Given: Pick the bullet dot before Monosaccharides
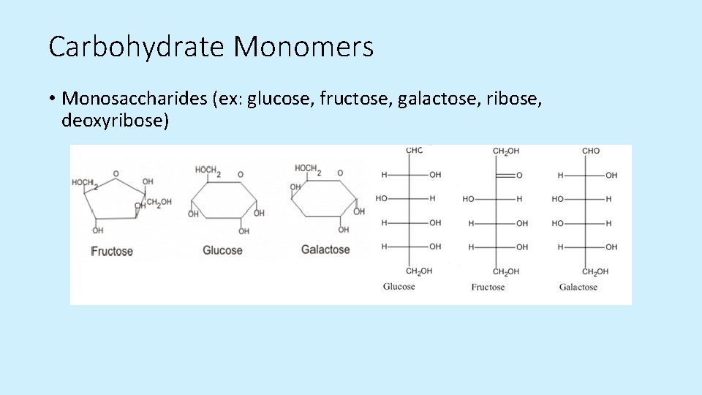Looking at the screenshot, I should [x=53, y=99].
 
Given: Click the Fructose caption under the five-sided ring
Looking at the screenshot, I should [x=112, y=252].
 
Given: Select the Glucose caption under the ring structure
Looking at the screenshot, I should [x=222, y=250].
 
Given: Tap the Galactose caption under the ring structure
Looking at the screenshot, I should [x=325, y=250].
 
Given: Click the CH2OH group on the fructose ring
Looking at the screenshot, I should [x=159, y=202].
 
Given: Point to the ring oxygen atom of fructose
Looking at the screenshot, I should [x=116, y=174].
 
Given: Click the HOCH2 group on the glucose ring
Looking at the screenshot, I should [x=208, y=171].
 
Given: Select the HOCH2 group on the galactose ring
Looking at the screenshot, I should [x=308, y=169].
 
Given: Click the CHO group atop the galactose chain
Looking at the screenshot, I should [x=591, y=151].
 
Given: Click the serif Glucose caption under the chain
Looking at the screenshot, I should [x=399, y=287].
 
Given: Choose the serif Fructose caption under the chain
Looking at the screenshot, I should [x=488, y=287].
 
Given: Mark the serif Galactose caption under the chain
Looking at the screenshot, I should [x=578, y=287].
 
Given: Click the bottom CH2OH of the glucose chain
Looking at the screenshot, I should [x=419, y=271].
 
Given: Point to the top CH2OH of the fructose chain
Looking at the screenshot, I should [x=505, y=151].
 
